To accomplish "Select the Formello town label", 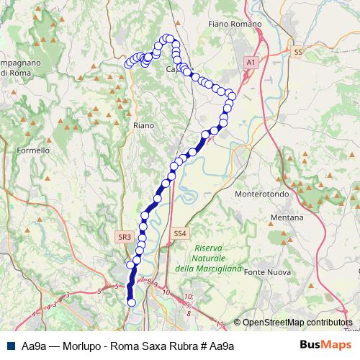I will tap(33, 150).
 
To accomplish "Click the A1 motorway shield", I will tap(251, 63).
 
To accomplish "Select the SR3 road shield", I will tap(124, 235).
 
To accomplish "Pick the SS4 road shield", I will tap(180, 233).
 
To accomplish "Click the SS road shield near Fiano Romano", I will tap(297, 52).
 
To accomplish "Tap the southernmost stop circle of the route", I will tap(132, 302).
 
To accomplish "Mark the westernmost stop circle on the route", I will tap(128, 63).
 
